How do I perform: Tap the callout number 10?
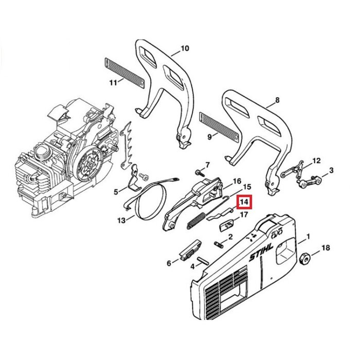click(184, 49)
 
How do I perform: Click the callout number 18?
click(325, 248)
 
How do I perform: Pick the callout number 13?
click(122, 221)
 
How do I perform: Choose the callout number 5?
click(116, 191)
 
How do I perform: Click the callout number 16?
click(237, 181)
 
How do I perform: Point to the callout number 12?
click(316, 160)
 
